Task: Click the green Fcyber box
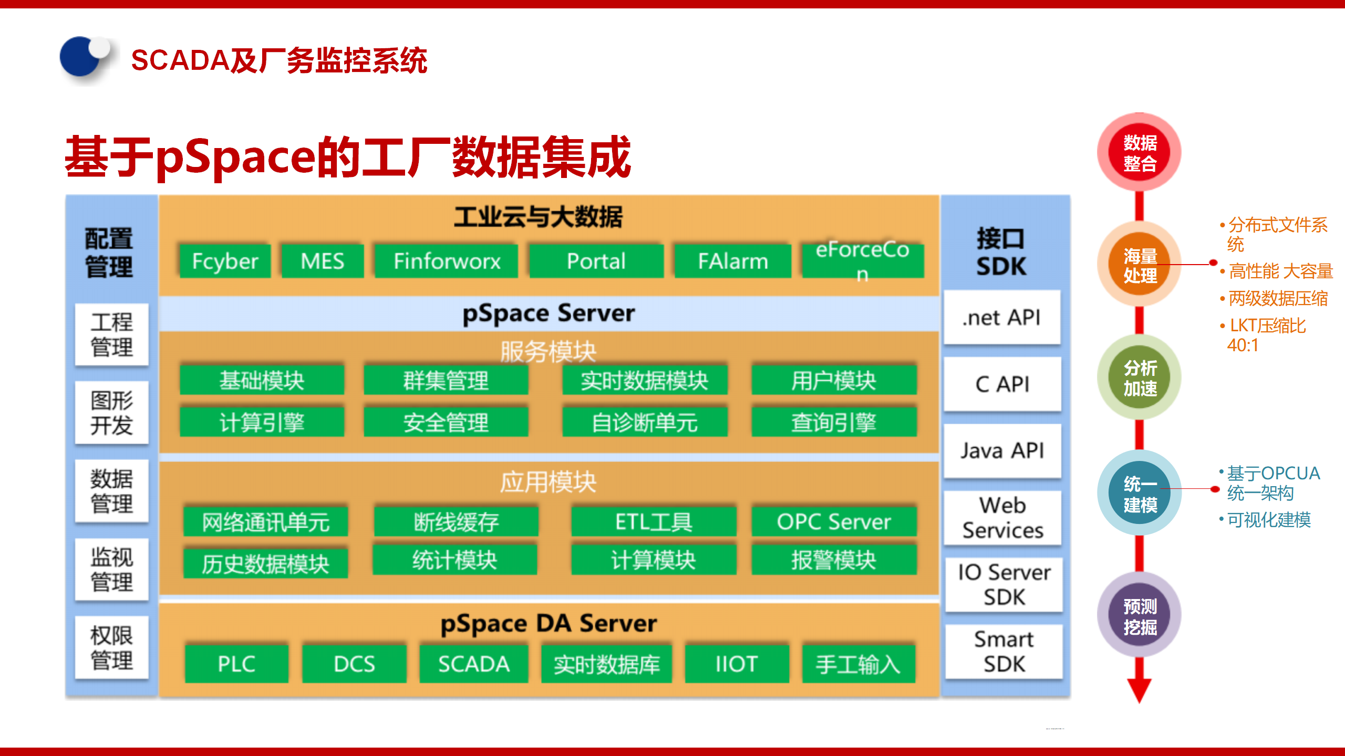(225, 261)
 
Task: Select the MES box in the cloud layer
(322, 261)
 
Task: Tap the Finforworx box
(447, 261)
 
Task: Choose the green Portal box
(596, 261)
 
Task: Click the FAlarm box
(732, 261)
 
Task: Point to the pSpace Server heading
(549, 313)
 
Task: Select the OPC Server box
(834, 521)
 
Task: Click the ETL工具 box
(654, 521)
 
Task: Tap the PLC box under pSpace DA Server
(236, 664)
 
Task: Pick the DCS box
(354, 664)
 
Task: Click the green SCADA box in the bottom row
(473, 664)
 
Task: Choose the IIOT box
(737, 664)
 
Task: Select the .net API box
(1002, 318)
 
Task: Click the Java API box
(1002, 451)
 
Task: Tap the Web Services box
(1002, 518)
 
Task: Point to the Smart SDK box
(1003, 652)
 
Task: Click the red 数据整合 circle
(1140, 153)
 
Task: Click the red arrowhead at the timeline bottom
(1139, 690)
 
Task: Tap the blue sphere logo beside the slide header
(82, 58)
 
